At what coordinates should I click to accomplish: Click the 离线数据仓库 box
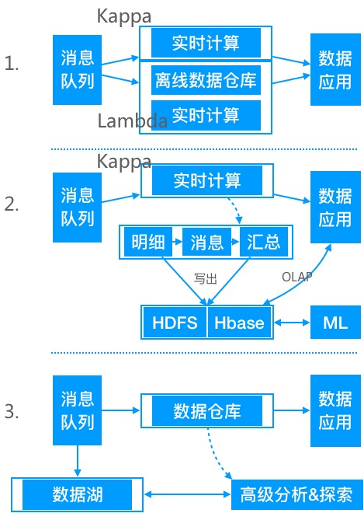point(206,79)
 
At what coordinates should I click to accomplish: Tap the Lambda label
point(132,121)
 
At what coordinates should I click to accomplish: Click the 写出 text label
point(206,276)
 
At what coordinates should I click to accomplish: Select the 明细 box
point(147,243)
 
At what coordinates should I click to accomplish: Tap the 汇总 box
point(263,243)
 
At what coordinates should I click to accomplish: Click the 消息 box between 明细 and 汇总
point(206,243)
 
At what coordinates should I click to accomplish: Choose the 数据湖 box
point(78,494)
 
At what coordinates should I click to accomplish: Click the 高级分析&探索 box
point(296,494)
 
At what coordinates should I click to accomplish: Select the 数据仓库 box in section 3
point(206,409)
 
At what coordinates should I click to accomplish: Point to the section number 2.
point(12,205)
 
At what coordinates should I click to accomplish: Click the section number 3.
point(12,411)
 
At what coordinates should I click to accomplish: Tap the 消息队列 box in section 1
point(78,69)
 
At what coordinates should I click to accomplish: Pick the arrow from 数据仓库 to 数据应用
point(290,409)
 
